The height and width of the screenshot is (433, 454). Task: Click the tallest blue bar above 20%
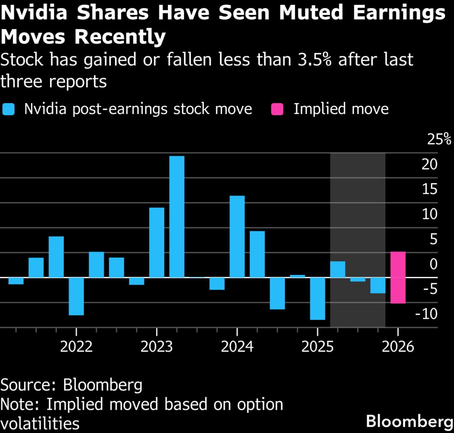(177, 217)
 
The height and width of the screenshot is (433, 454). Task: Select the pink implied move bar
(398, 277)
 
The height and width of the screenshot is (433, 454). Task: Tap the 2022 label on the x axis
(76, 347)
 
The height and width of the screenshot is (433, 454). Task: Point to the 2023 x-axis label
(157, 347)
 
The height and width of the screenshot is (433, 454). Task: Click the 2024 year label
(237, 347)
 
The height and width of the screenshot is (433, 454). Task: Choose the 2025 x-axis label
(317, 347)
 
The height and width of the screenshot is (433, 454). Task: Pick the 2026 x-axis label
(398, 347)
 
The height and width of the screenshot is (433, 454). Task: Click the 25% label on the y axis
(439, 139)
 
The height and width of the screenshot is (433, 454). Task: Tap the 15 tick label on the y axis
(429, 189)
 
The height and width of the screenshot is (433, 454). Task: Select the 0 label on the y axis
(433, 264)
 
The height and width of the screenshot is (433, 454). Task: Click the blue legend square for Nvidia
(8, 109)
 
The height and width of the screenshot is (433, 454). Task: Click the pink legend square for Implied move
(277, 109)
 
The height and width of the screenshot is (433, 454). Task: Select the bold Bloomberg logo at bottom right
(409, 421)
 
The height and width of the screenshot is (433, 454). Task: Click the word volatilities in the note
(40, 424)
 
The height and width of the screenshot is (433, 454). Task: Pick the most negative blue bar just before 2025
(317, 298)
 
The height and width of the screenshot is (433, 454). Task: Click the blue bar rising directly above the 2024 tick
(237, 237)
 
